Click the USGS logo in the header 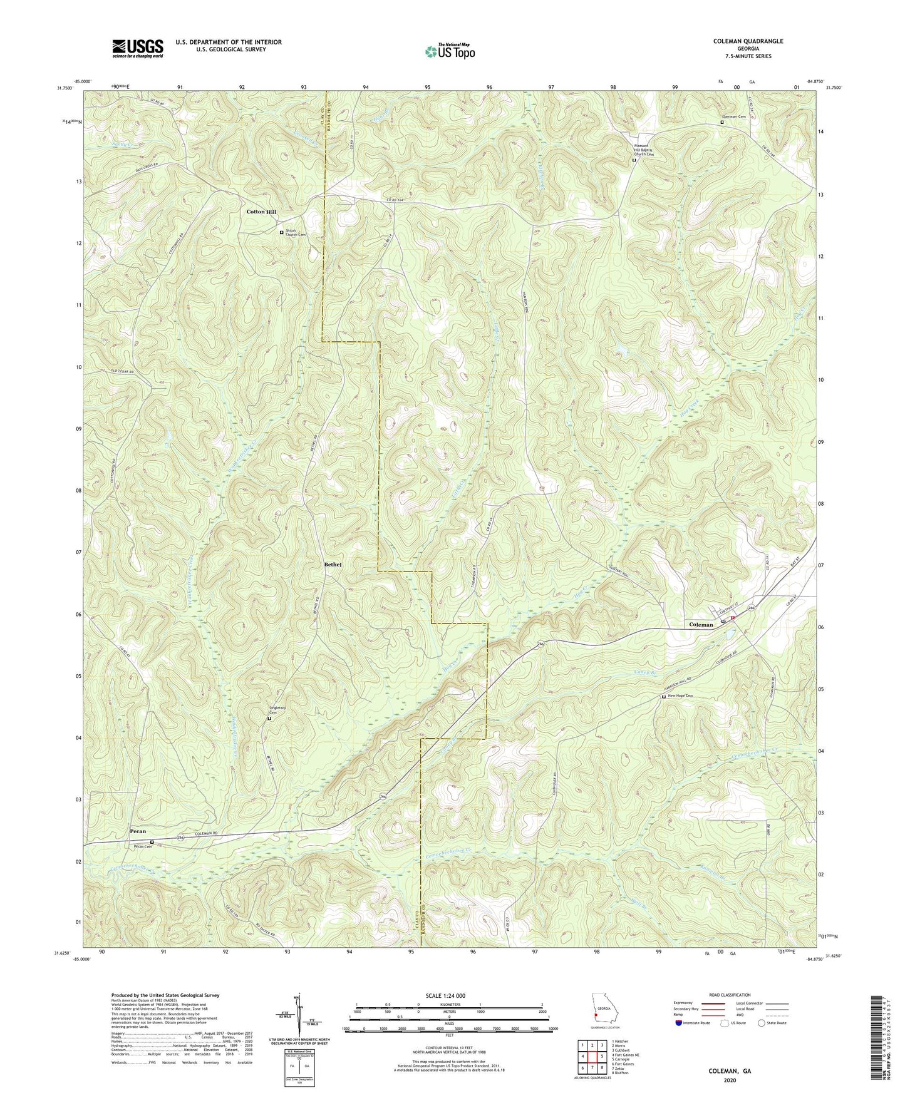click(x=137, y=48)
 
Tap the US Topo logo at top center click(x=448, y=51)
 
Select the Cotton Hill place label click(x=261, y=212)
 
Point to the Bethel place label click(x=333, y=565)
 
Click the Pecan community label click(x=138, y=831)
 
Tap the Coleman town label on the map click(x=701, y=625)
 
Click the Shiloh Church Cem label click(x=296, y=232)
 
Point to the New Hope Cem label click(x=682, y=696)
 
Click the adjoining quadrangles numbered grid click(x=591, y=1052)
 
